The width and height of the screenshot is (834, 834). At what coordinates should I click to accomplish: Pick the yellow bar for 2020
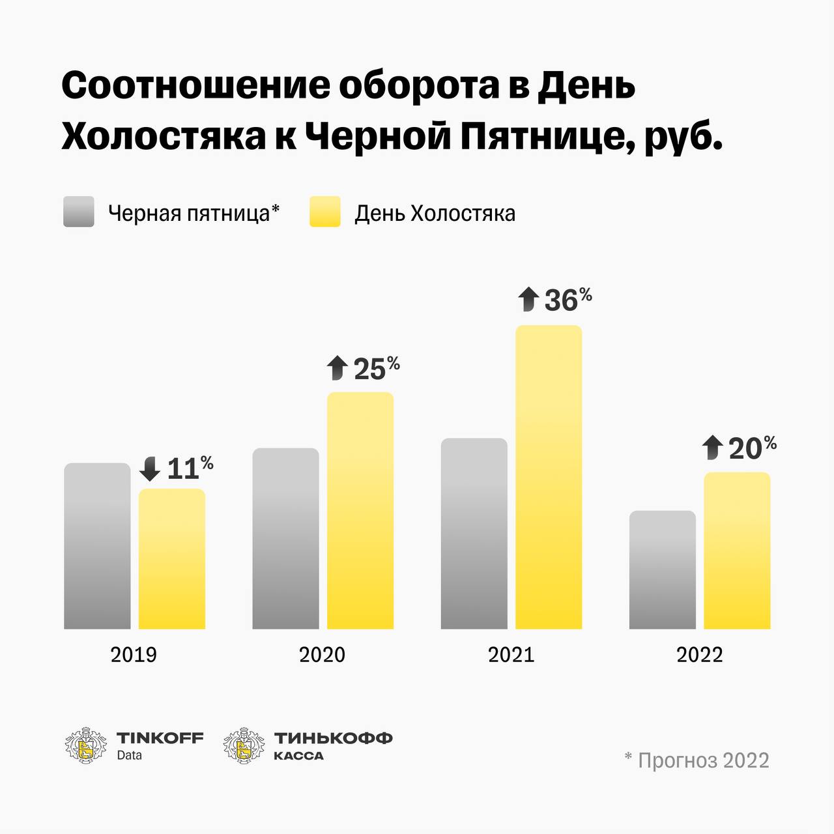[360, 511]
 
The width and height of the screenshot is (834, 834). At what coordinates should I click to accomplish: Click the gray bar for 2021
[474, 534]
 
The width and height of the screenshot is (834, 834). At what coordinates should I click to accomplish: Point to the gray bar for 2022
[662, 570]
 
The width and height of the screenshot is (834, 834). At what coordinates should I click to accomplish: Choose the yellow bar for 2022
[737, 551]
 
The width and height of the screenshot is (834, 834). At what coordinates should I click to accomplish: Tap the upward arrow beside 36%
[528, 300]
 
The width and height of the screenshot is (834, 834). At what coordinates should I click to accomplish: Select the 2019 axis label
[134, 654]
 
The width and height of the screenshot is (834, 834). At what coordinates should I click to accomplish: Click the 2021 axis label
[511, 654]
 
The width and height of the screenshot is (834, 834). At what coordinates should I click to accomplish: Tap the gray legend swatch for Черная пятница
[79, 212]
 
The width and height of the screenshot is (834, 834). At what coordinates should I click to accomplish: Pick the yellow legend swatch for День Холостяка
[325, 212]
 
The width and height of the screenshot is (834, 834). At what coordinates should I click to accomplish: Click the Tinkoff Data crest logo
[85, 745]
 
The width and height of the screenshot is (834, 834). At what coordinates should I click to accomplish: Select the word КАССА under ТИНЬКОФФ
[298, 756]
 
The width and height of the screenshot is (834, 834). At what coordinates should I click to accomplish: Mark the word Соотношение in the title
[195, 85]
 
